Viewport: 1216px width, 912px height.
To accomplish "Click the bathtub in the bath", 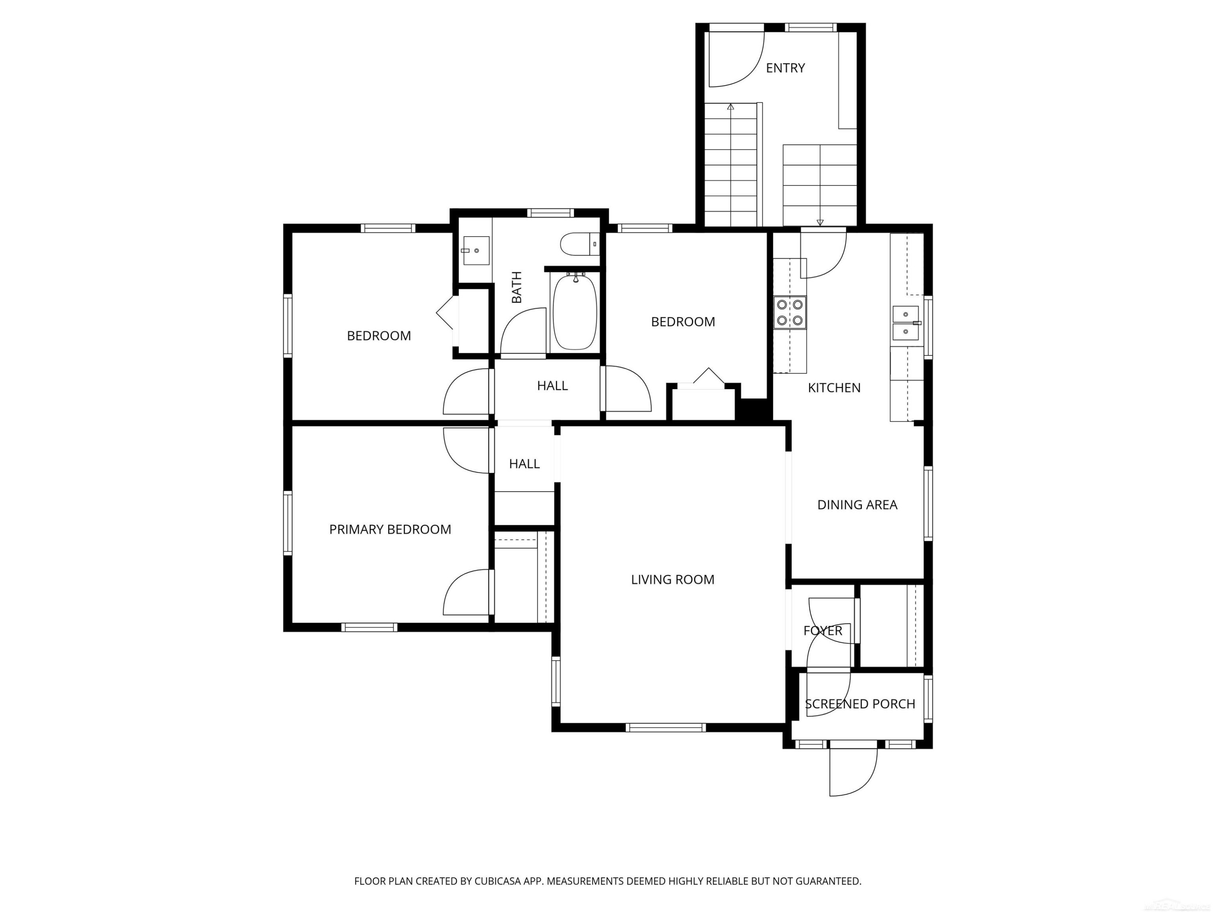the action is [574, 312].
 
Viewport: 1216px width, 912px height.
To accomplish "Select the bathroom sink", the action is [476, 250].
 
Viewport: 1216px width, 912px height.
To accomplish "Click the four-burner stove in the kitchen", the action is [790, 312].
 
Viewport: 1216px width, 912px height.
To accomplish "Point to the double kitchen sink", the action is [906, 323].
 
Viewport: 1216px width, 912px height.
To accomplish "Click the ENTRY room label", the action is [785, 68].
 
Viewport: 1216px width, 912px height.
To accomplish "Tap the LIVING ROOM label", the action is [672, 579].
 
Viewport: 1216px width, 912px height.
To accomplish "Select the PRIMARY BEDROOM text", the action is [390, 529].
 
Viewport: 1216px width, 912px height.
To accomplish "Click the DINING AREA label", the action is [857, 504].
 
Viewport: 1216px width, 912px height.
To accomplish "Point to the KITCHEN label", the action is [834, 387].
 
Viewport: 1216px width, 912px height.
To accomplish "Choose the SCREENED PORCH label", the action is [860, 704].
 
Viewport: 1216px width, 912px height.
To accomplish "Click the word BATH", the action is [516, 287].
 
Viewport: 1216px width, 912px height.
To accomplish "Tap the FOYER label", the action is [822, 631].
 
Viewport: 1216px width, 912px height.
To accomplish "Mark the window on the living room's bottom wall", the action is [665, 727].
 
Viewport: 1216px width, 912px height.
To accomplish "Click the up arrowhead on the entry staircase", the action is [730, 107].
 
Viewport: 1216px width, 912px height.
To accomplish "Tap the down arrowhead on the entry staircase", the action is [820, 223].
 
